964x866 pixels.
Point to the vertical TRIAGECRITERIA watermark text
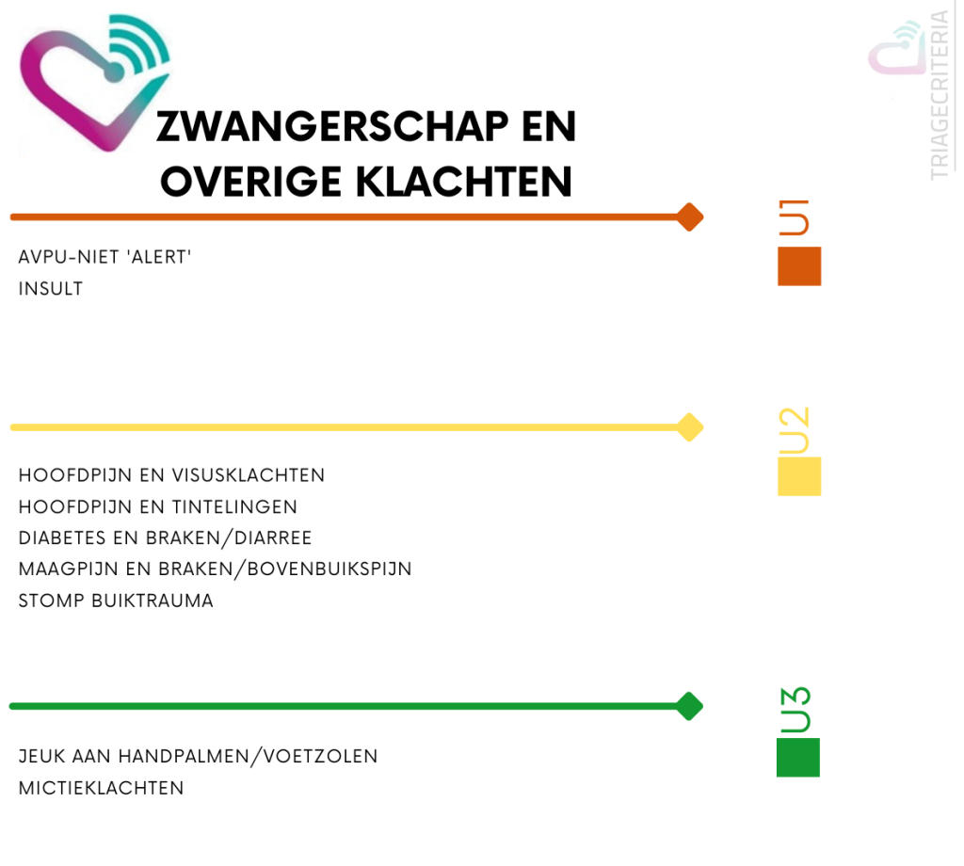click(x=940, y=94)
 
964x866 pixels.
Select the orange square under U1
click(x=799, y=266)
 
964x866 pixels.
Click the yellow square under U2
click(x=799, y=476)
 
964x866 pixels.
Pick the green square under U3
click(x=798, y=758)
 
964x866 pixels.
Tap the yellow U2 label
click(x=795, y=429)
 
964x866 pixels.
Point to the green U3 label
click(x=795, y=711)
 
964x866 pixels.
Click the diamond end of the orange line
click(x=690, y=217)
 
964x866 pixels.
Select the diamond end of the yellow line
click(x=690, y=427)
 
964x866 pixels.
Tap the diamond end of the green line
click(x=690, y=706)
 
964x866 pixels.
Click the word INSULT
click(x=51, y=289)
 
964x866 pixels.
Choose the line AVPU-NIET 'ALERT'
click(x=105, y=257)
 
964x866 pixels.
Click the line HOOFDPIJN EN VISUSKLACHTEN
click(x=171, y=475)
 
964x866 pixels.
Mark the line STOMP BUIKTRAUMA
click(x=116, y=601)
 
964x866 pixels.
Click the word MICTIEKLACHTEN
click(x=102, y=788)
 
